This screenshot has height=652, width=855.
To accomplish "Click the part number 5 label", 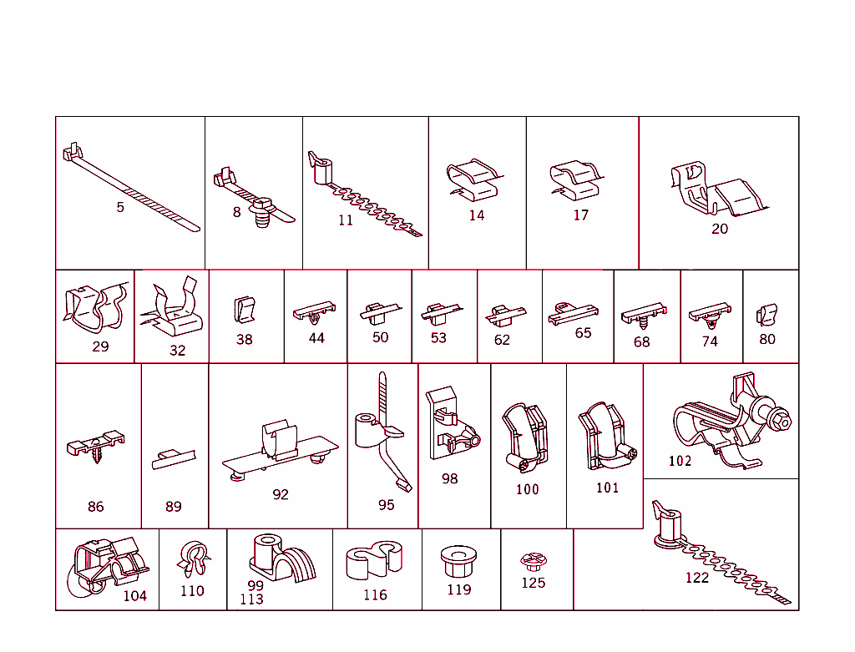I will pos(120,207).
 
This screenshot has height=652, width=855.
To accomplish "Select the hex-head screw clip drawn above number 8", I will pos(263,206).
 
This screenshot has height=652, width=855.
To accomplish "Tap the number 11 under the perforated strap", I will pos(346,220).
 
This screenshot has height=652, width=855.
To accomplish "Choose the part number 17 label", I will pos(581,215).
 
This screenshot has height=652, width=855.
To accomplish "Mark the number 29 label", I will pos(100,346).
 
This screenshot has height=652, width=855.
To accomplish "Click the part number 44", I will pos(316,338).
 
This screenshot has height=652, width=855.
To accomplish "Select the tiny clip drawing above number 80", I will pos(766,315).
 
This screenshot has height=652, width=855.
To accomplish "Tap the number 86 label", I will pos(96,507).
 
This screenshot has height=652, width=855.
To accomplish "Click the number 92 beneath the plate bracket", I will pos(281,494).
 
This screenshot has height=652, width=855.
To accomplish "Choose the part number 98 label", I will pos(450,479).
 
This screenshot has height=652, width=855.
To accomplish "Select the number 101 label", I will pos(607,488).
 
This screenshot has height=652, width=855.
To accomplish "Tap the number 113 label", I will pos(251,599).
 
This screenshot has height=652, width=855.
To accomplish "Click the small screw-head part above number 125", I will pos(532,560).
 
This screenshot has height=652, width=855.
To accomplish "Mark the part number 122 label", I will pos(696,577).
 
